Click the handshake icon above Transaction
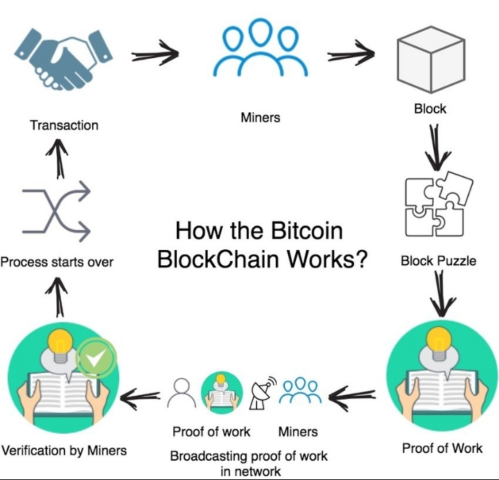tap(64, 59)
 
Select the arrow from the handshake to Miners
tap(155, 53)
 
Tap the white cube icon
tap(431, 60)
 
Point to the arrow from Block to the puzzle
tap(437, 147)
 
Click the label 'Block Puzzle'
tap(438, 261)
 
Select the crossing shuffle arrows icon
tap(56, 211)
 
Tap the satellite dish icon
tap(262, 393)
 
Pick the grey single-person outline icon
tap(182, 393)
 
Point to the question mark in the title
tap(361, 258)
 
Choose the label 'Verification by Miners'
tap(64, 451)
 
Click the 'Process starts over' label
tap(57, 263)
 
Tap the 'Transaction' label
tap(64, 125)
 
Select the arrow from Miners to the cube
tap(351, 53)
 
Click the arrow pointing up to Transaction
tap(58, 159)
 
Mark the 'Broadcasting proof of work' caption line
tap(249, 456)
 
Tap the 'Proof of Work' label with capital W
tap(442, 449)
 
